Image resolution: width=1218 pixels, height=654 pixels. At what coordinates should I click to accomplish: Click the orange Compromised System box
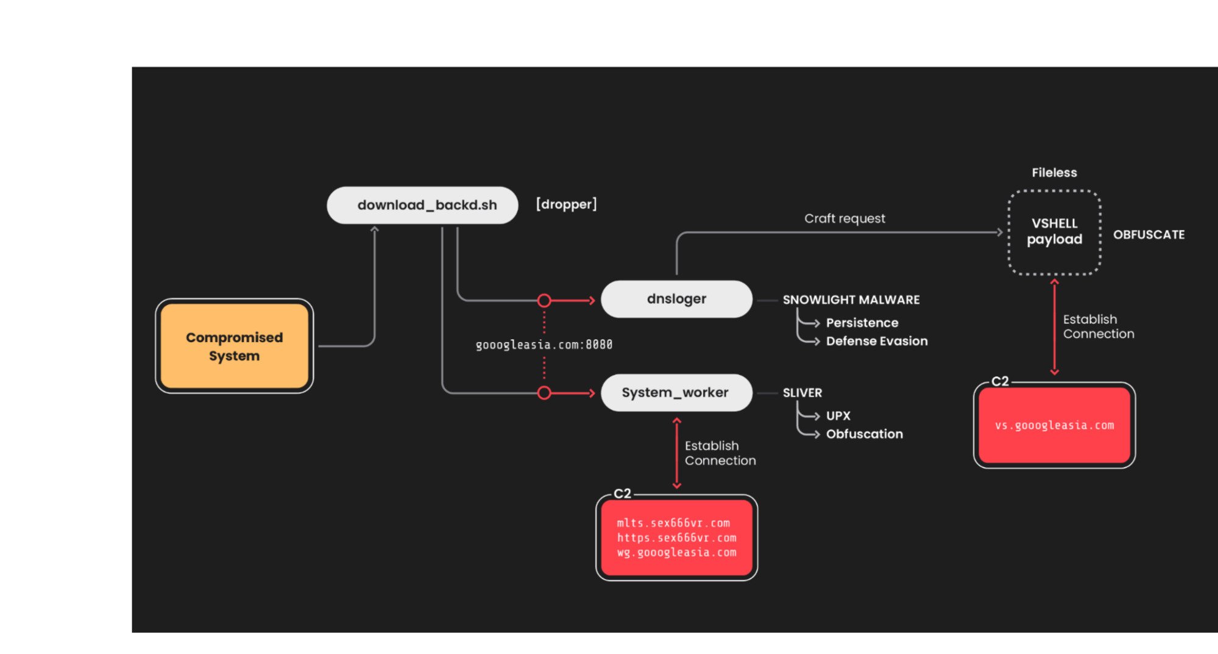tap(234, 346)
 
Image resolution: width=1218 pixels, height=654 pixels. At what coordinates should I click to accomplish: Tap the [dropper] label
tap(566, 204)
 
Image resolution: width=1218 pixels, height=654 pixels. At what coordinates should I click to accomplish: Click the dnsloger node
tap(676, 299)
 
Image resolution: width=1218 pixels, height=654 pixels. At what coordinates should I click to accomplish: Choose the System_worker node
tap(675, 393)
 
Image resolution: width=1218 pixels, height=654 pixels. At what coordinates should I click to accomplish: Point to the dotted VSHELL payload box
tap(1054, 232)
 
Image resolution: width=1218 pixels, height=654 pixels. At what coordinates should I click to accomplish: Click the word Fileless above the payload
tap(1054, 172)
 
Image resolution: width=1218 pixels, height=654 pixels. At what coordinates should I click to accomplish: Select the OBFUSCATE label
tap(1149, 234)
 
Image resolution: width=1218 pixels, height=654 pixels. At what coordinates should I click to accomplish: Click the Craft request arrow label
tap(844, 219)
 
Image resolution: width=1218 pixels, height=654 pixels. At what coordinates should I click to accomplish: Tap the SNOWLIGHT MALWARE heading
tap(851, 300)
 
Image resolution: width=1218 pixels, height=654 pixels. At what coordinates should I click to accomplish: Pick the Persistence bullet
tap(862, 323)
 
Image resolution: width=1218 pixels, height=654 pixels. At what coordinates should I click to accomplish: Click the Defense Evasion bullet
tap(876, 341)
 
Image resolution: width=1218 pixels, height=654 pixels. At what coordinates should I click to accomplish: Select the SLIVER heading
tap(802, 393)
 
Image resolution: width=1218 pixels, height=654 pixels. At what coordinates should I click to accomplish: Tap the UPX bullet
tap(838, 416)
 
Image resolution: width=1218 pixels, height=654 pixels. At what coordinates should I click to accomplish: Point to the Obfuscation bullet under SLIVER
tap(864, 434)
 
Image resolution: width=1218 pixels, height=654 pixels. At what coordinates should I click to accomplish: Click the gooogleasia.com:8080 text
tap(543, 345)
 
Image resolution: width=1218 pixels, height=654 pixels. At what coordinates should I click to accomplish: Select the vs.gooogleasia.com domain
tap(1054, 426)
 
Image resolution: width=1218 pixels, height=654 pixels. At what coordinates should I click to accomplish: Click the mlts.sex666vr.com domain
tap(673, 523)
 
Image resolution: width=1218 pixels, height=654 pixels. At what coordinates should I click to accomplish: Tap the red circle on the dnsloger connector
tap(544, 300)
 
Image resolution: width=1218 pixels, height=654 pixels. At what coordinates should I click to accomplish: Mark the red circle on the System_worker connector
tap(544, 393)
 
